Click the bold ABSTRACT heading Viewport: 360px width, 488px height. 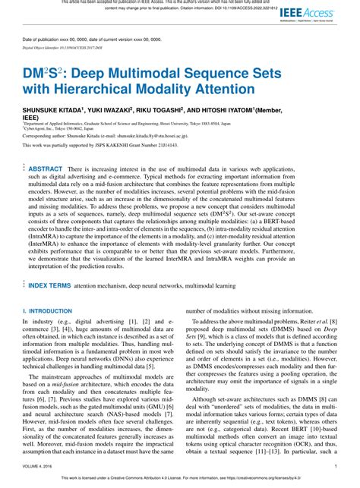coord(46,168)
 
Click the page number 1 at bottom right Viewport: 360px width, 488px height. coord(335,468)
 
